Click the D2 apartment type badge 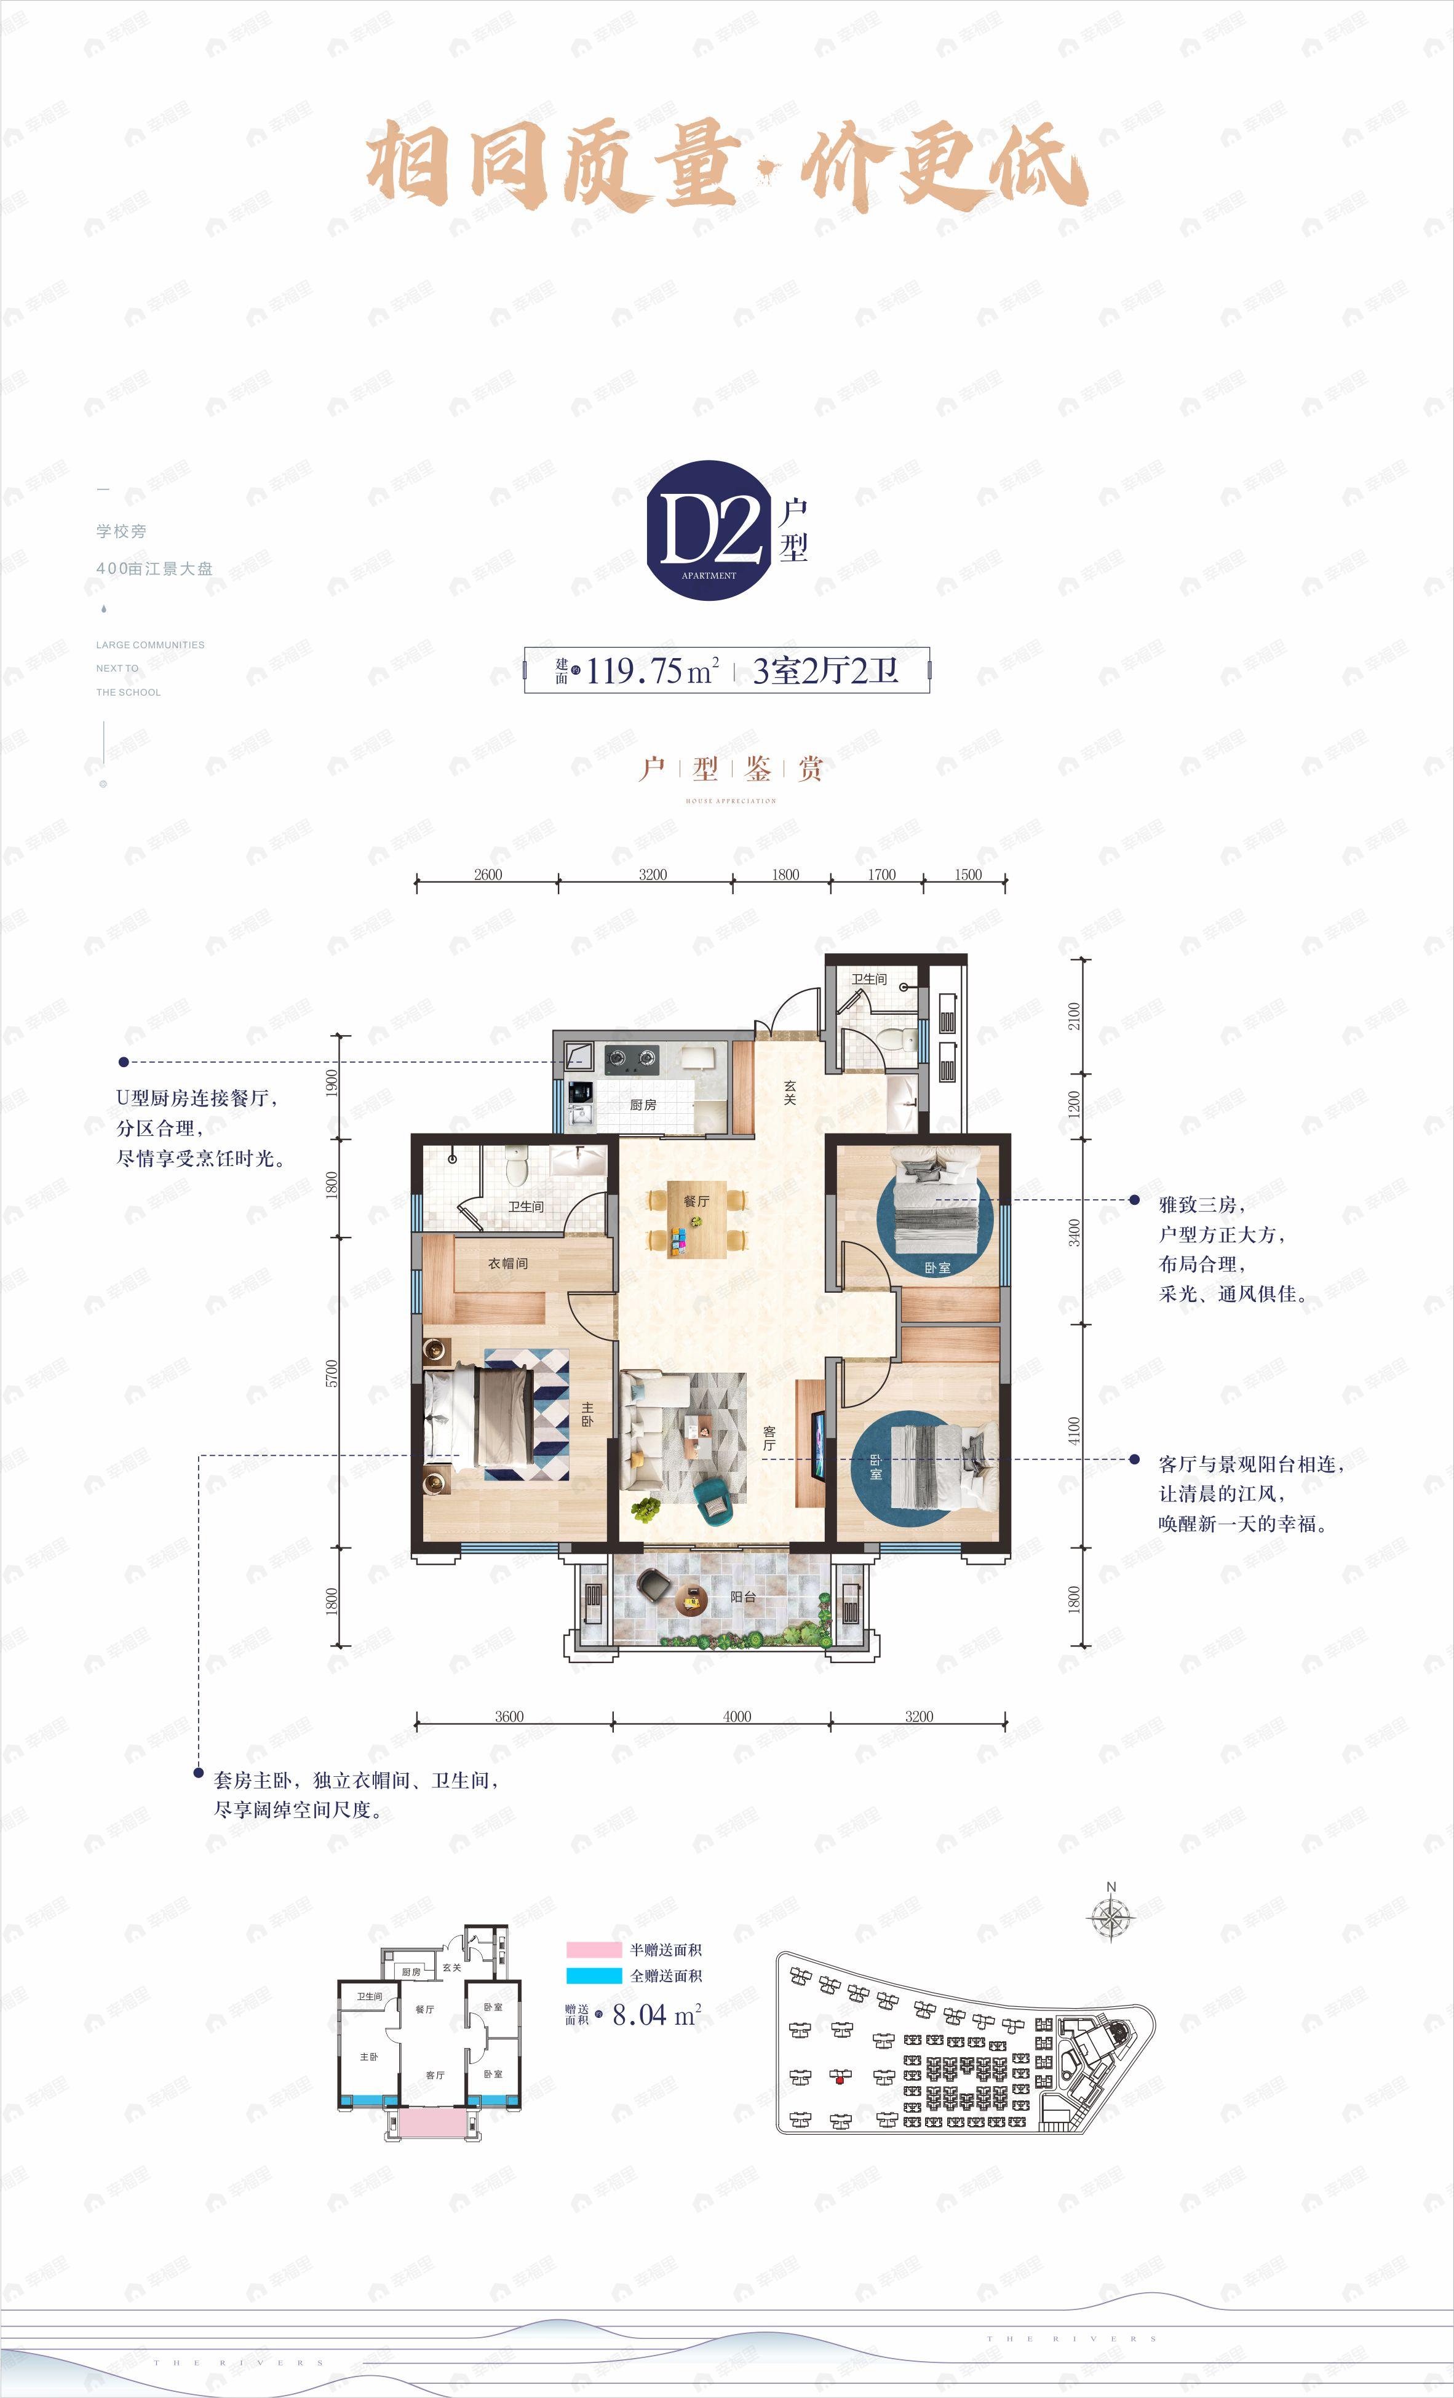click(x=707, y=530)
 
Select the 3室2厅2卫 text click(x=825, y=670)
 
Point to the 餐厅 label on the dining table click(x=696, y=1201)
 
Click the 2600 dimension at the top click(x=488, y=874)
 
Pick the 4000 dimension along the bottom click(x=737, y=1716)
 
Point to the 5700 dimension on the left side click(x=333, y=1373)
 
